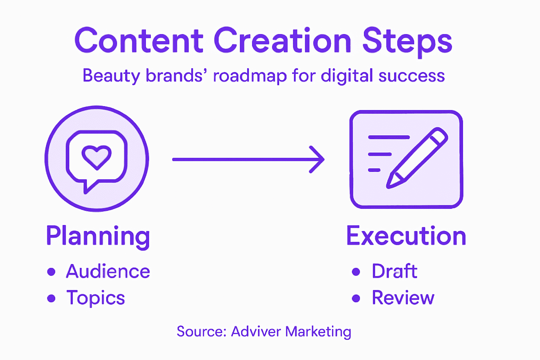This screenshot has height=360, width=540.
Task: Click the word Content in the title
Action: [x=139, y=41]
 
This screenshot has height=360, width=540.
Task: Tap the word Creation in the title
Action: [x=282, y=41]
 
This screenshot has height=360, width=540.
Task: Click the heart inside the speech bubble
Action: [x=97, y=156]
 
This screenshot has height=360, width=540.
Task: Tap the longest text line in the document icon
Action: [x=389, y=137]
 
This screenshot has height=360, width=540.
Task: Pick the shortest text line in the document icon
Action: [x=374, y=170]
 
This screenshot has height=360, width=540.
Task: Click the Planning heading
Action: [x=98, y=236]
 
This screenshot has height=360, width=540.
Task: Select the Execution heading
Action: [x=406, y=236]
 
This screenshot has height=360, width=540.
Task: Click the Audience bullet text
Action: [x=108, y=271]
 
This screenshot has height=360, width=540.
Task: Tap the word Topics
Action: [x=96, y=298]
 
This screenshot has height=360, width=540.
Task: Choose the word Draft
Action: [x=394, y=271]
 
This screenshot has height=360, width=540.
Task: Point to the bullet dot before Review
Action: [x=356, y=298]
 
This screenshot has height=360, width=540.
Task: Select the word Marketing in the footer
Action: [x=318, y=332]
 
